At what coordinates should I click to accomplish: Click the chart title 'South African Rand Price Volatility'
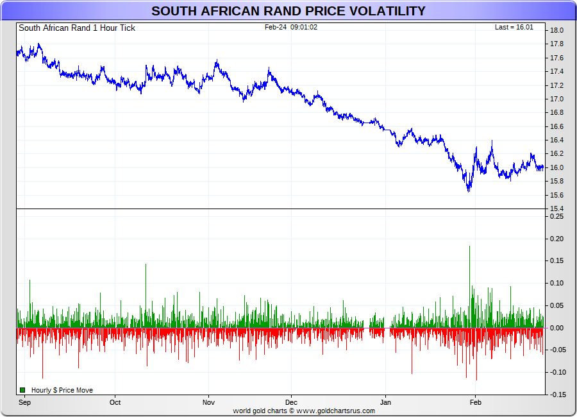[288, 11]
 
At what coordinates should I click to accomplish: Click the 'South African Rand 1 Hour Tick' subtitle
[77, 28]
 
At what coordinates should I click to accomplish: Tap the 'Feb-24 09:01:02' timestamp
[291, 27]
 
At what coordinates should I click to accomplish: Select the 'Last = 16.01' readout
[514, 27]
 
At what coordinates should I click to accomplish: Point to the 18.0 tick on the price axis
[556, 30]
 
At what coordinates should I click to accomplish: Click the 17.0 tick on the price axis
[556, 99]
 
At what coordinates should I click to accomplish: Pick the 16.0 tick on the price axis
[556, 167]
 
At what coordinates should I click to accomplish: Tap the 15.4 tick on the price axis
[556, 209]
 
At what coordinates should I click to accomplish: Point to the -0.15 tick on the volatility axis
[556, 395]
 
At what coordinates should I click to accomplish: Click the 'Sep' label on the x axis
[25, 403]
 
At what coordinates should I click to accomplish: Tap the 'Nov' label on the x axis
[208, 403]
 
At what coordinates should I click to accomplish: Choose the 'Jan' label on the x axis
[385, 403]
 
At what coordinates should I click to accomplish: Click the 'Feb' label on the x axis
[475, 403]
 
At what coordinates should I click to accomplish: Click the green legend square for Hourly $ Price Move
[22, 390]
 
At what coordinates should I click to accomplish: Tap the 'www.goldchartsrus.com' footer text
[336, 411]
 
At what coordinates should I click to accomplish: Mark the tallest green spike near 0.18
[469, 248]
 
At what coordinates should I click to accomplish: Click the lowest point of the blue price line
[469, 191]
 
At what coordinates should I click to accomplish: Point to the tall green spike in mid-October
[146, 266]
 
